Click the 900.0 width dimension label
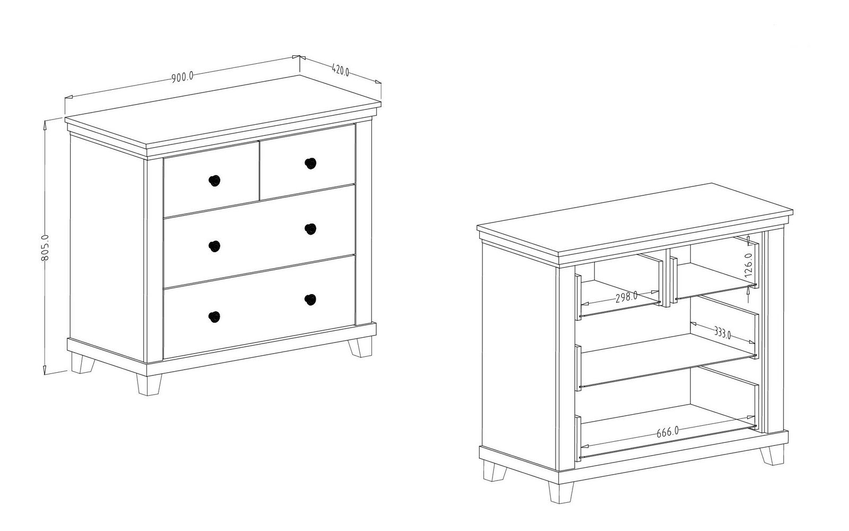[x=183, y=77]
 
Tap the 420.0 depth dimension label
[x=340, y=70]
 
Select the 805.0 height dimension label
[x=45, y=247]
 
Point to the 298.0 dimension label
[x=626, y=297]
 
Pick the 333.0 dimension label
[x=722, y=332]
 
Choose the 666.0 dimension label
[x=668, y=432]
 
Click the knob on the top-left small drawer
[x=214, y=181]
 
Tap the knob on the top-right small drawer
[x=310, y=164]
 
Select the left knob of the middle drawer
[x=214, y=246]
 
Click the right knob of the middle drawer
[x=310, y=229]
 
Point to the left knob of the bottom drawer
[x=214, y=316]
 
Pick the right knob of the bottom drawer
[x=310, y=299]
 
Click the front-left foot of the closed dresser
[x=149, y=384]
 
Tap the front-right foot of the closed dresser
[x=360, y=348]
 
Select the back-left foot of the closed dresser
[x=83, y=363]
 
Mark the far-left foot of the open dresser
[x=495, y=470]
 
